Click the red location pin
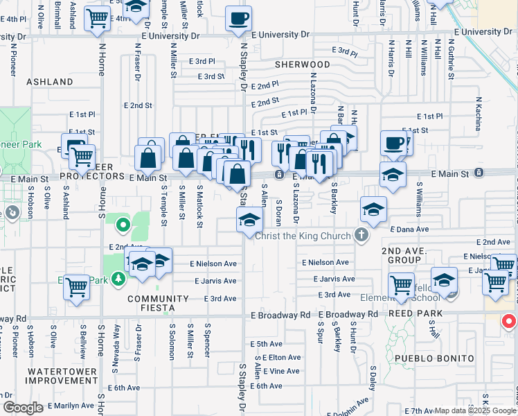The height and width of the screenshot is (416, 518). [x=509, y=322]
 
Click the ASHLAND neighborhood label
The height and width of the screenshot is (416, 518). [x=50, y=82]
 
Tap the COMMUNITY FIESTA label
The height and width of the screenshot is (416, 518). [x=158, y=304]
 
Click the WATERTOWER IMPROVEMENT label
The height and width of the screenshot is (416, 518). [x=62, y=376]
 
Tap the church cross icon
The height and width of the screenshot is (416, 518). [x=361, y=235]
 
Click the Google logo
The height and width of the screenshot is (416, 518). [x=23, y=408]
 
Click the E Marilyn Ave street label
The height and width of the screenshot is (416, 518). [x=68, y=406]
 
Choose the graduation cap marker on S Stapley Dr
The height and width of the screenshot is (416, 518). [x=249, y=221]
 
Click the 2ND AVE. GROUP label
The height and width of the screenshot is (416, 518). [x=395, y=254]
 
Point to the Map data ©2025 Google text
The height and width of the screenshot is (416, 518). [x=474, y=410]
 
